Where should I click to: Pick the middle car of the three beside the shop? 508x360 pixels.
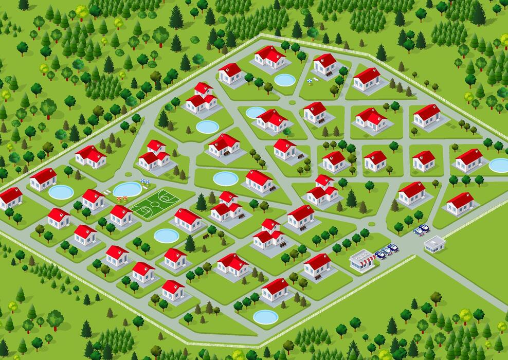click(387, 251)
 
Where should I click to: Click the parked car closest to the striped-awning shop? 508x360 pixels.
click(380, 254)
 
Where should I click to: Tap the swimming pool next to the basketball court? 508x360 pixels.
click(127, 189)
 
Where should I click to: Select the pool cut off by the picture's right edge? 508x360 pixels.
click(499, 165)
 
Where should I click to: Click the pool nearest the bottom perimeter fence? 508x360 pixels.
click(265, 317)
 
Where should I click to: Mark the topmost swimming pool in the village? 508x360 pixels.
click(285, 80)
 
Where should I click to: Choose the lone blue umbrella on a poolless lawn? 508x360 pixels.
click(310, 80)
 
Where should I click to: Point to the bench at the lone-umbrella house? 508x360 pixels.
click(329, 74)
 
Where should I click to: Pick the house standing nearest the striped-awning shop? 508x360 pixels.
click(317, 265)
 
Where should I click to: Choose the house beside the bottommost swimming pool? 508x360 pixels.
click(275, 290)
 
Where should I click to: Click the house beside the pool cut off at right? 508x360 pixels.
click(469, 160)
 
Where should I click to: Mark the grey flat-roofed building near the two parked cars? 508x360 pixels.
click(434, 244)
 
